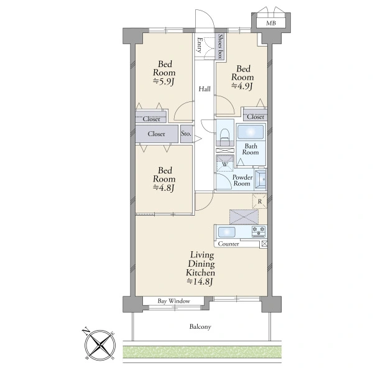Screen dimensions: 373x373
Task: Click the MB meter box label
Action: pos(271,23)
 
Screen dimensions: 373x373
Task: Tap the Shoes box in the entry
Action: pos(221,46)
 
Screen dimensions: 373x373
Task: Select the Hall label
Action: pos(205,89)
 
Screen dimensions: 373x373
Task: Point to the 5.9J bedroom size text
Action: pos(164,81)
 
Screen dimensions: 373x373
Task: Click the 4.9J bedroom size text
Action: pos(242,86)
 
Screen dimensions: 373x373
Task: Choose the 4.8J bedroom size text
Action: pos(164,188)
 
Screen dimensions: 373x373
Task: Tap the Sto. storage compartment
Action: pos(186,134)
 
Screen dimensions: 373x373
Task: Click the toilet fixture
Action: pos(225,137)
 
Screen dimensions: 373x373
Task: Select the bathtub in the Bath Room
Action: pos(251,132)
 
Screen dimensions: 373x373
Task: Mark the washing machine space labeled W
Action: pos(225,163)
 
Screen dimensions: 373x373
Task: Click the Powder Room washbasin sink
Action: pos(260,180)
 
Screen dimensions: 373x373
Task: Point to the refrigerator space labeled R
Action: pos(260,201)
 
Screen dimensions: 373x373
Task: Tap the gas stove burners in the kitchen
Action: pos(259,231)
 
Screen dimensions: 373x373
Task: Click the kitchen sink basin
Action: pos(227,232)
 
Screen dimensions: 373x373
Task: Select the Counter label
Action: pos(228,244)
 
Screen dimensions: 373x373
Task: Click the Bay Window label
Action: pos(174,301)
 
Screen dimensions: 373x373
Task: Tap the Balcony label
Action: pos(200,326)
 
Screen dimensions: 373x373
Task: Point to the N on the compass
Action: pos(86,331)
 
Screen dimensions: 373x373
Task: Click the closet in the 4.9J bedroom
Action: pos(256,116)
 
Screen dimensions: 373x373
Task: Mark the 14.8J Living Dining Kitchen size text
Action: pos(200,282)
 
